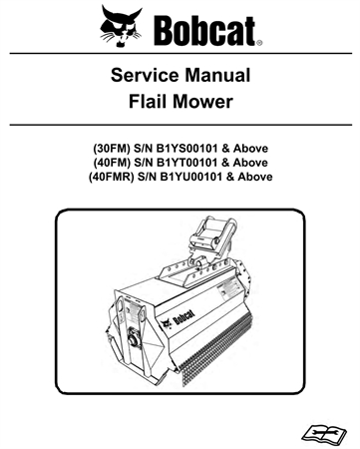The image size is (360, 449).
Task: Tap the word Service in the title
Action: [144, 76]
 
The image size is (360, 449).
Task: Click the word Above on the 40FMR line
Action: [254, 177]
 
